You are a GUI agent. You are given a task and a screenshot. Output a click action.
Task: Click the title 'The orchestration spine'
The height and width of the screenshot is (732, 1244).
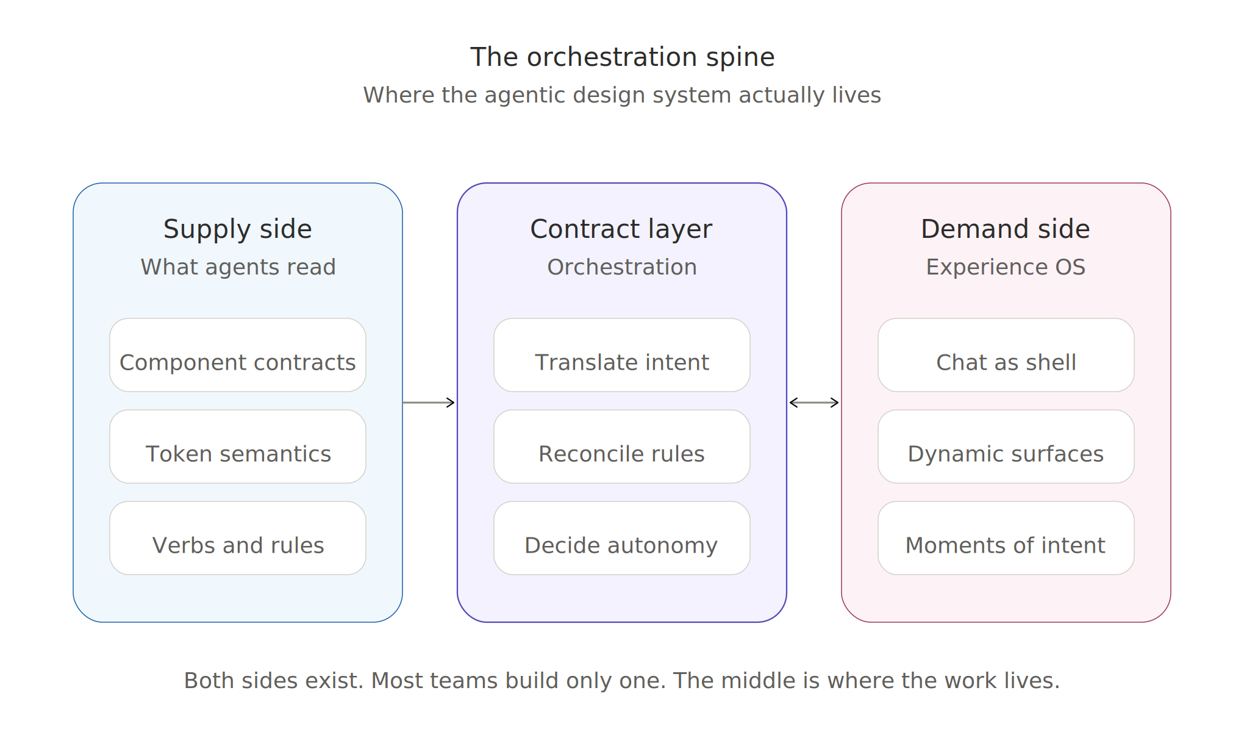point(622,57)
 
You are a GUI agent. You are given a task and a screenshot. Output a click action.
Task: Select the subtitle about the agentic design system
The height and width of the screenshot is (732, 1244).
point(622,95)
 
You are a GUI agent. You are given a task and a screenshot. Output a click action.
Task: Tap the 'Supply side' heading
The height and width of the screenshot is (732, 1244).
point(238,229)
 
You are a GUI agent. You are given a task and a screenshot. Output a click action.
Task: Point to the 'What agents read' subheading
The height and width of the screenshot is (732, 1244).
point(238,267)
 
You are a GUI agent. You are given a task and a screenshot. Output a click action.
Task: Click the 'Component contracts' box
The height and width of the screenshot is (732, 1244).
point(238,355)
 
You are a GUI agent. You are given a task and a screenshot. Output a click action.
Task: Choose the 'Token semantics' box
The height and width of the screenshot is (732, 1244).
point(238,447)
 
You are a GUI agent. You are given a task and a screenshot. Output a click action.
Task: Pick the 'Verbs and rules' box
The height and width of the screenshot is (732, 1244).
point(238,538)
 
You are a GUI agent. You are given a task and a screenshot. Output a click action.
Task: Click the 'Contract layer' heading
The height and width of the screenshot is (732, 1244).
point(621,229)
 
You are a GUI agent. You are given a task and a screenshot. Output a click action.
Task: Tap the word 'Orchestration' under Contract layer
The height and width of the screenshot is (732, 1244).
point(622,267)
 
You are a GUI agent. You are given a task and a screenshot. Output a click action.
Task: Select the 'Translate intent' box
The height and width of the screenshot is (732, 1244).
point(622,355)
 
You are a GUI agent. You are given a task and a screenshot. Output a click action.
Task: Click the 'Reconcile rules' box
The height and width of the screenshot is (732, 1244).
point(622,447)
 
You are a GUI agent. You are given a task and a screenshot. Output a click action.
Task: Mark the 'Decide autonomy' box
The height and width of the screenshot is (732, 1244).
point(622,538)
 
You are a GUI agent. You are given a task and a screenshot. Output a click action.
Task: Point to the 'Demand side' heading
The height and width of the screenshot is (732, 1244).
point(1006,229)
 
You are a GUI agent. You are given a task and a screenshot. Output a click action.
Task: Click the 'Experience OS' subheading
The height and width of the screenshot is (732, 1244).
point(1006,267)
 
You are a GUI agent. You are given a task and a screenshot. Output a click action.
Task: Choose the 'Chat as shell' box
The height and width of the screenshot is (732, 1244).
point(1006,355)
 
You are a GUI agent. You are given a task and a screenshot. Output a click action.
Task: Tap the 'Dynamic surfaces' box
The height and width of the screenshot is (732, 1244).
point(1006,447)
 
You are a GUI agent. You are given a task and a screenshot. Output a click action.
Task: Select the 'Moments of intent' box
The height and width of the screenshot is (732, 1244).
point(1006,538)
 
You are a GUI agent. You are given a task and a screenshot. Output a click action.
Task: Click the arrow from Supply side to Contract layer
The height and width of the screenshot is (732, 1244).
point(429,403)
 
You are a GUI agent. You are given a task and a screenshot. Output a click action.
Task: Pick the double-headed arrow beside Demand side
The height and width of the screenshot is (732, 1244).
point(814,403)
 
